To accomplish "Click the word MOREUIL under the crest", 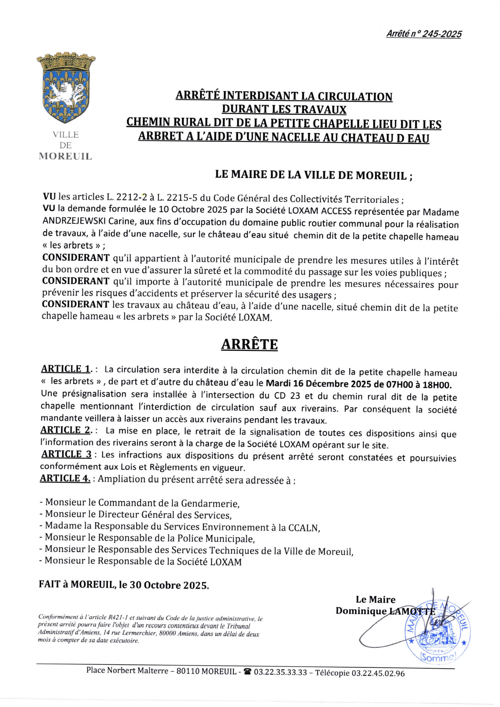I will [65, 156].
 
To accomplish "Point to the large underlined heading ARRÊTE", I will [249, 344].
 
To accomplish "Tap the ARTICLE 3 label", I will [66, 454].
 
